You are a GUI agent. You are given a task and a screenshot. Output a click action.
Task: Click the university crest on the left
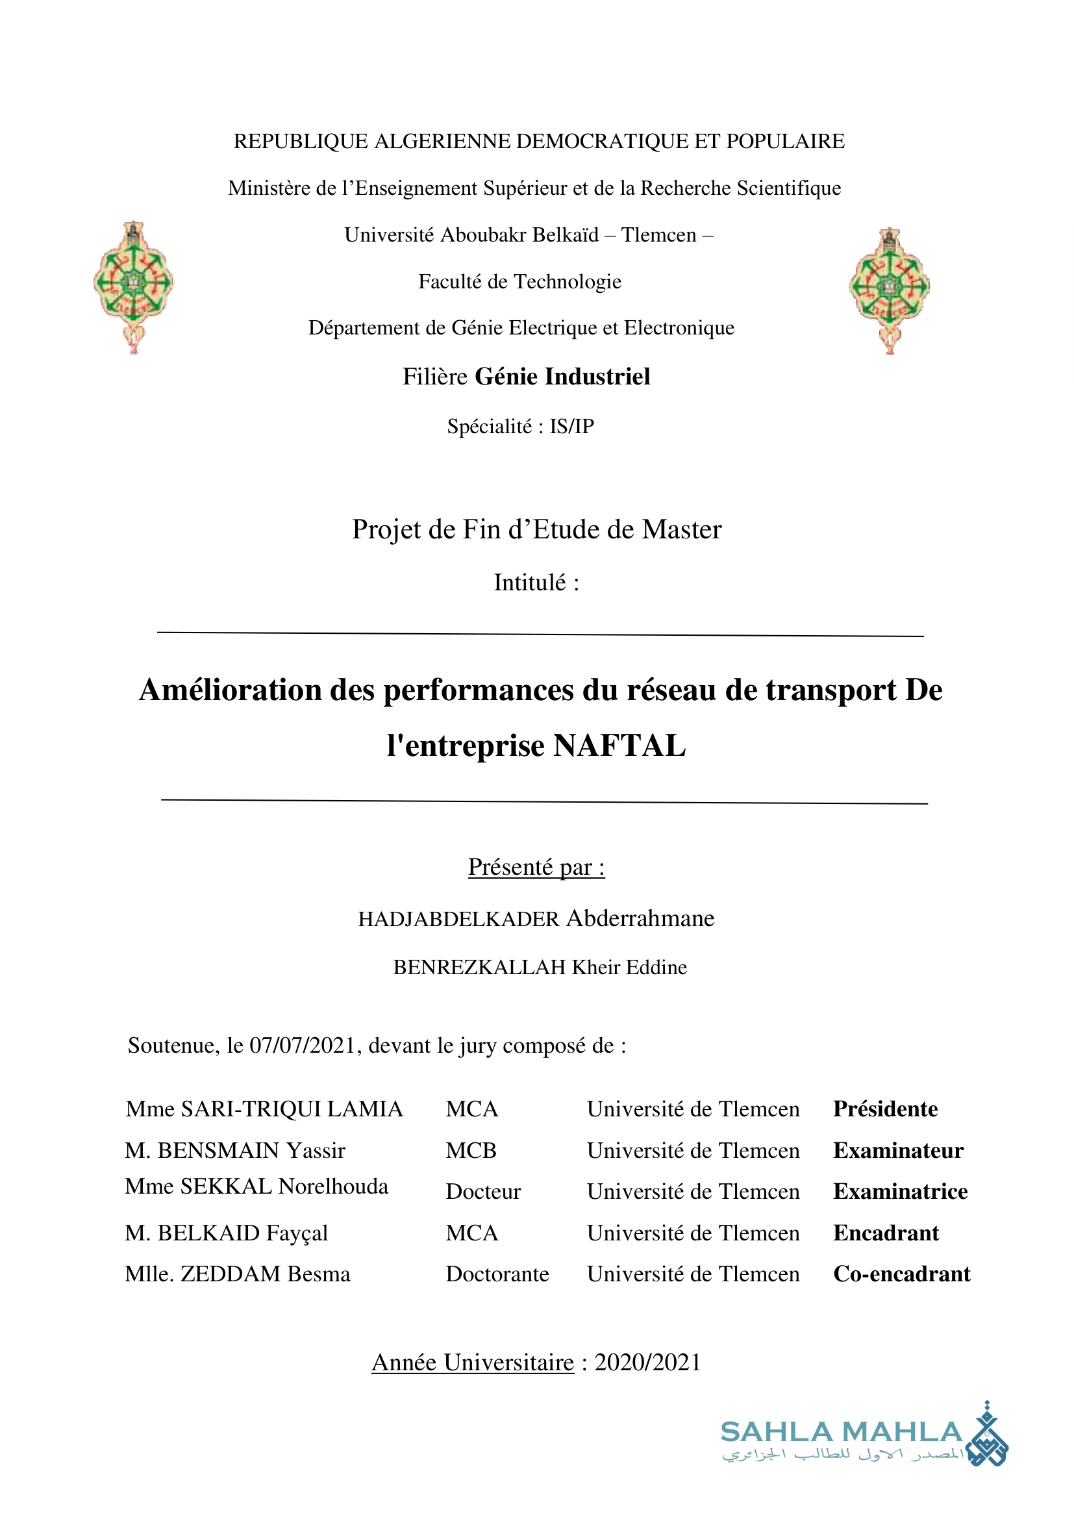pyautogui.click(x=134, y=286)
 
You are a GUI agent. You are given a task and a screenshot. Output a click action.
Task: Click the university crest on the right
pyautogui.click(x=890, y=290)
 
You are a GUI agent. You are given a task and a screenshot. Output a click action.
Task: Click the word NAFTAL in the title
pyautogui.click(x=619, y=746)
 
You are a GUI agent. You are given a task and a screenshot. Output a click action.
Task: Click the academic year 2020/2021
pyautogui.click(x=647, y=1362)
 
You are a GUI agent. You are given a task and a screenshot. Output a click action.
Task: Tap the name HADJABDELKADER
pyautogui.click(x=458, y=919)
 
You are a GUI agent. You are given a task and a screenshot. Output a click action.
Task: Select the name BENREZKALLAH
pyautogui.click(x=479, y=967)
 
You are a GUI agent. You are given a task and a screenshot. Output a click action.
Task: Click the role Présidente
pyautogui.click(x=885, y=1109)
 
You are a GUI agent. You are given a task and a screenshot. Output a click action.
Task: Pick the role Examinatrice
pyautogui.click(x=900, y=1192)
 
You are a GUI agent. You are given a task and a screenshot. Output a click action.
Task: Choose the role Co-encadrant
pyautogui.click(x=901, y=1274)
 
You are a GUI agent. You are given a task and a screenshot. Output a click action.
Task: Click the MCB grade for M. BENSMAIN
pyautogui.click(x=471, y=1151)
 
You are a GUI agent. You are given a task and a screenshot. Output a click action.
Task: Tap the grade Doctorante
pyautogui.click(x=497, y=1274)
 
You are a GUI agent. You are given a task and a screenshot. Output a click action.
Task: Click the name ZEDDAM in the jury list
pyautogui.click(x=230, y=1274)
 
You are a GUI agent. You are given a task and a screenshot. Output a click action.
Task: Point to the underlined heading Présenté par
pyautogui.click(x=536, y=867)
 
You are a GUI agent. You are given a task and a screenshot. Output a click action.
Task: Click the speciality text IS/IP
pyautogui.click(x=571, y=426)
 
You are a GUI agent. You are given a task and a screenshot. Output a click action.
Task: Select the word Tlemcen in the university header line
pyautogui.click(x=658, y=235)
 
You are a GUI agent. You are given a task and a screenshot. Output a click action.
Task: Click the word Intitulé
pyautogui.click(x=530, y=583)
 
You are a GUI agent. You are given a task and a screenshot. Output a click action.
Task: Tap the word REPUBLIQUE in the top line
pyautogui.click(x=300, y=141)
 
